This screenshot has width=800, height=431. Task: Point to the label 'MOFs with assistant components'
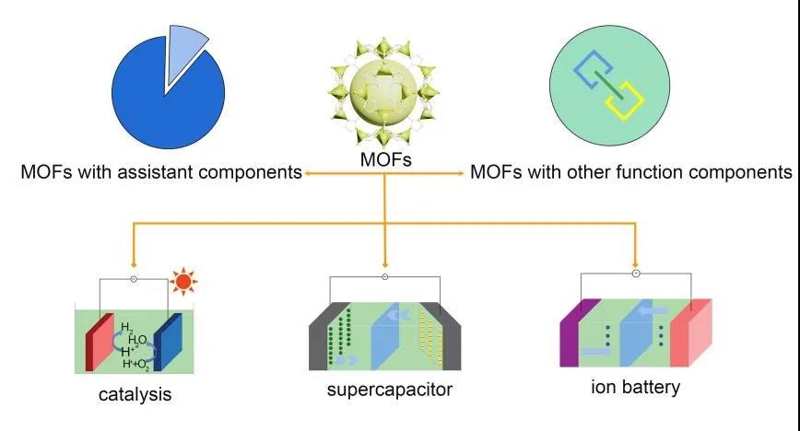pos(162,172)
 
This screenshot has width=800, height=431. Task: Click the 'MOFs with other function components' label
pos(631,172)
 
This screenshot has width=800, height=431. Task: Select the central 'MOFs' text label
pos(386,161)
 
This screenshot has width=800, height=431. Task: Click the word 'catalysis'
pos(135,396)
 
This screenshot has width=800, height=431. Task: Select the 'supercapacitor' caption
pos(390,390)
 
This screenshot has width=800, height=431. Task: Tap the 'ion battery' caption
pos(635,387)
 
